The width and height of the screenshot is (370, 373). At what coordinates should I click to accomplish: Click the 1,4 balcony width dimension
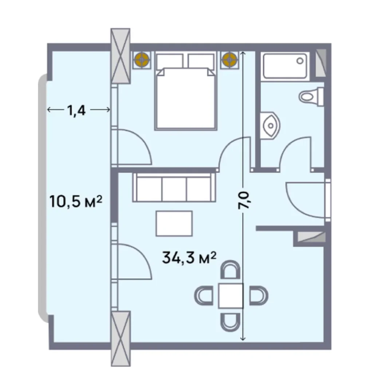click(x=76, y=110)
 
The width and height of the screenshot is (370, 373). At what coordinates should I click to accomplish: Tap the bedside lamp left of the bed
click(x=141, y=59)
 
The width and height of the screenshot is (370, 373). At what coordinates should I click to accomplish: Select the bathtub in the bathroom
click(x=285, y=66)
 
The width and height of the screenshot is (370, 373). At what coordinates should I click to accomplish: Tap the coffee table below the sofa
click(x=174, y=223)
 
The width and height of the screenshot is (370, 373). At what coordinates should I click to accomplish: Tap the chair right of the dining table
click(x=257, y=295)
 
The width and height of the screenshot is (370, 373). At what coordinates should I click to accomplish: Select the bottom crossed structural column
click(x=121, y=338)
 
